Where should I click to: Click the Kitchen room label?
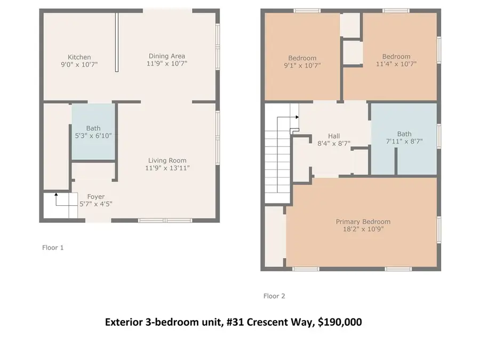click(79, 57)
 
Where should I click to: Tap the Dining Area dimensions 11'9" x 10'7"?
click(166, 63)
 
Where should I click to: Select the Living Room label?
click(167, 161)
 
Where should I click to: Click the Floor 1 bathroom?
click(93, 132)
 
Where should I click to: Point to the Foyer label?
click(96, 197)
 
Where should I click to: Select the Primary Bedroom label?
click(363, 221)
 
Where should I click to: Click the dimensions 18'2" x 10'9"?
click(363, 229)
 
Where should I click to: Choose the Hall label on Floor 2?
click(334, 136)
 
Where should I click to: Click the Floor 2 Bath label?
click(404, 134)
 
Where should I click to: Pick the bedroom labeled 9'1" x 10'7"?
click(302, 61)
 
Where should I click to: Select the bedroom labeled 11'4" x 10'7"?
click(396, 60)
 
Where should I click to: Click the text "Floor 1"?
click(53, 247)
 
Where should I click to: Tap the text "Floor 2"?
click(274, 296)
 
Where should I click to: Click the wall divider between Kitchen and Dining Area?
click(117, 43)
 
